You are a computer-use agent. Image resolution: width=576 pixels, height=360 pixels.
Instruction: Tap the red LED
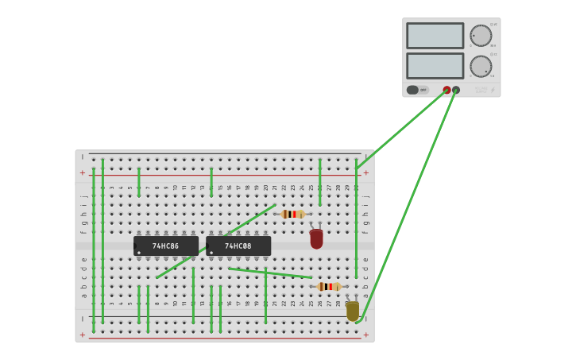(316, 238)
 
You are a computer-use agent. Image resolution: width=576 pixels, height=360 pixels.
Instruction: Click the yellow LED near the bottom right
(352, 311)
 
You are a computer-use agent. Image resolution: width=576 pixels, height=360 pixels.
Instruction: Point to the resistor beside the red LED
(292, 214)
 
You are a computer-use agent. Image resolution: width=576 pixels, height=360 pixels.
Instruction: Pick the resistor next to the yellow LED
(329, 286)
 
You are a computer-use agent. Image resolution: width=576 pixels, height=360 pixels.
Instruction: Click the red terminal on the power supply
(446, 90)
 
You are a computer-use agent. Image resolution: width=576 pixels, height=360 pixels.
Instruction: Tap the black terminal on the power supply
(456, 90)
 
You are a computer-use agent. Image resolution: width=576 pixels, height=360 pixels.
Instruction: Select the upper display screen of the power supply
(435, 36)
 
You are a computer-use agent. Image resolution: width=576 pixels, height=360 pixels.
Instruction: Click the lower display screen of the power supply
(435, 65)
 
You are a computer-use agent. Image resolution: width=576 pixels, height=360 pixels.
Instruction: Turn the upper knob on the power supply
(481, 36)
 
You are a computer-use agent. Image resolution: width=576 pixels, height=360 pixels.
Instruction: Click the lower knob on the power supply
(481, 66)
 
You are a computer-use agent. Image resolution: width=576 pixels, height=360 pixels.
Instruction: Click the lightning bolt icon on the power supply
(492, 91)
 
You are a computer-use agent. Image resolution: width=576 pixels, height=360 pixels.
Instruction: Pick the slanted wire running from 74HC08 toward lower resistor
(270, 273)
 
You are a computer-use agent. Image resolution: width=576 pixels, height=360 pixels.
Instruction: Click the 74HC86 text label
(166, 246)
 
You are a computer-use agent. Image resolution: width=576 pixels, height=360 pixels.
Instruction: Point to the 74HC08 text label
(238, 246)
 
